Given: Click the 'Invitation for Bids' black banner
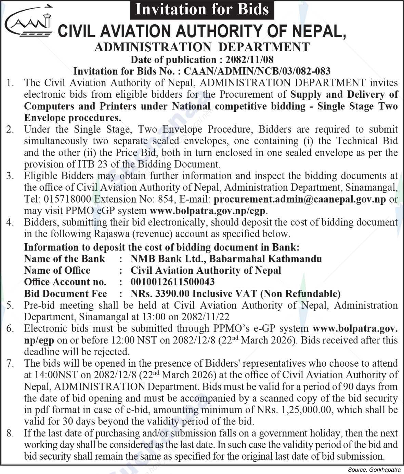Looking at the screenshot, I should pyautogui.click(x=202, y=9).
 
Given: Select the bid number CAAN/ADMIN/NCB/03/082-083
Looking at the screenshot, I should pyautogui.click(x=257, y=71).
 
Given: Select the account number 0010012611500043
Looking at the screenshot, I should pyautogui.click(x=172, y=282).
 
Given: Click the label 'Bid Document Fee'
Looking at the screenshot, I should pyautogui.click(x=65, y=294).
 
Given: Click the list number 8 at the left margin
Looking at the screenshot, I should pyautogui.click(x=10, y=433).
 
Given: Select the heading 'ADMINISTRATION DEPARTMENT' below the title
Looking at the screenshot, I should pyautogui.click(x=202, y=47).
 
